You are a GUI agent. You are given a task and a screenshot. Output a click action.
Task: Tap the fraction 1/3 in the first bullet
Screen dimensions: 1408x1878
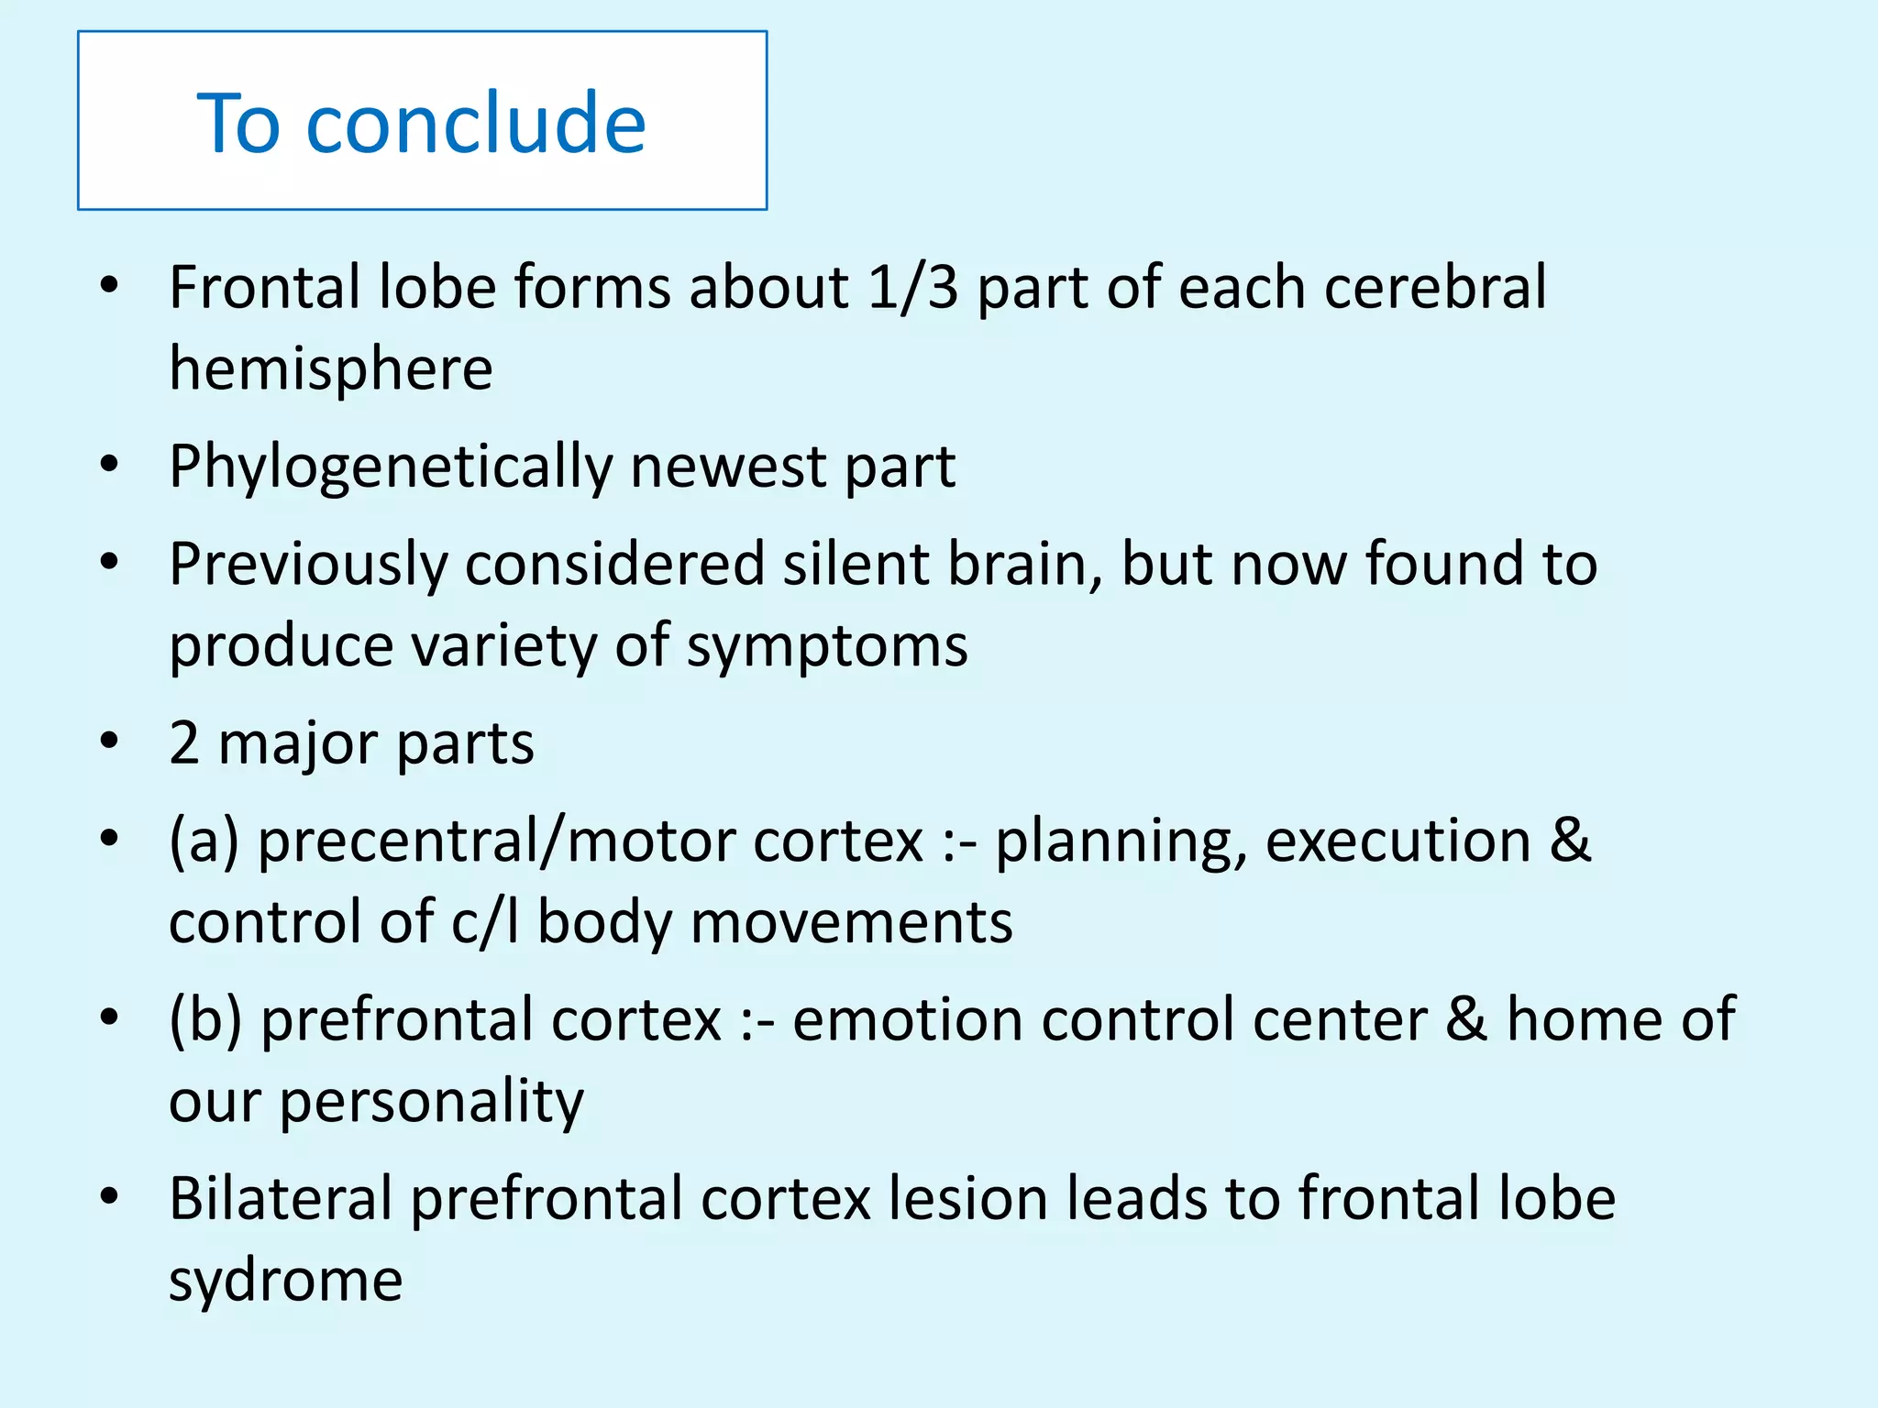(912, 288)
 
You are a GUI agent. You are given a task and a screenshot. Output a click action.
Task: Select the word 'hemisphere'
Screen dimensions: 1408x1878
(331, 368)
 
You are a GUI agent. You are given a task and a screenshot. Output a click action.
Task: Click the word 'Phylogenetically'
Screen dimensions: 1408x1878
(391, 467)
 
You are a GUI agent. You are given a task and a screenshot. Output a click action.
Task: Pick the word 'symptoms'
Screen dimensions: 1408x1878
(827, 646)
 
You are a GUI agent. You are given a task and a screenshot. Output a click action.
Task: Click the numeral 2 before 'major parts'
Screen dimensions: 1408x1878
(184, 743)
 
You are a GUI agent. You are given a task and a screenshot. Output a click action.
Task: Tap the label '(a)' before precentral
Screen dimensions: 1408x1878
(204, 841)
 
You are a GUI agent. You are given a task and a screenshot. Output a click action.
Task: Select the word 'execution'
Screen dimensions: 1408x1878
(1397, 841)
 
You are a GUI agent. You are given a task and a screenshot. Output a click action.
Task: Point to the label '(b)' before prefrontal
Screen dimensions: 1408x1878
(205, 1019)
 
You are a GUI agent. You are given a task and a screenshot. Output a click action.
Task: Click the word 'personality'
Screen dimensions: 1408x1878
(431, 1102)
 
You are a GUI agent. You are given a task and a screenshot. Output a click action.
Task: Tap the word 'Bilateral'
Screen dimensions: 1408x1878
(281, 1199)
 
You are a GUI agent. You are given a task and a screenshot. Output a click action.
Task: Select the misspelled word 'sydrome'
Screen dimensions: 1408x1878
(285, 1281)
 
